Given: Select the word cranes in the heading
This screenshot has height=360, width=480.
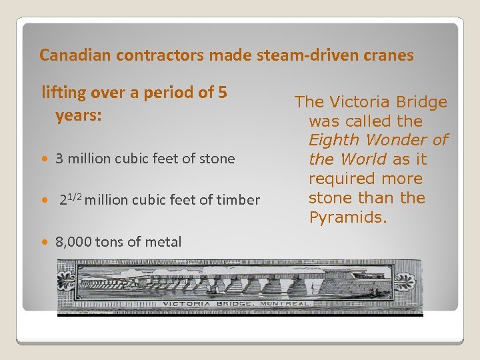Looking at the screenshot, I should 389,55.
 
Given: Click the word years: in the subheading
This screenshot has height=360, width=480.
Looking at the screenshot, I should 79,115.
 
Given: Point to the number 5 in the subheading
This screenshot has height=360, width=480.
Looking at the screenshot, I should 222,93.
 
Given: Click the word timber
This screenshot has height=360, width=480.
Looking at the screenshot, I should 238,199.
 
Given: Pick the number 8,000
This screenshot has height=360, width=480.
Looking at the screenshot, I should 73,242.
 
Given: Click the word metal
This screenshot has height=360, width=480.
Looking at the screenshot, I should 163,242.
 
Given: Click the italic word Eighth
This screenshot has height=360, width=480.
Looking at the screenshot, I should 333,140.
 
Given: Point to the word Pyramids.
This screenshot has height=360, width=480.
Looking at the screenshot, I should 347,217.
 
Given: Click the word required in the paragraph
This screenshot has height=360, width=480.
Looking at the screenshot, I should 338,179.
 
